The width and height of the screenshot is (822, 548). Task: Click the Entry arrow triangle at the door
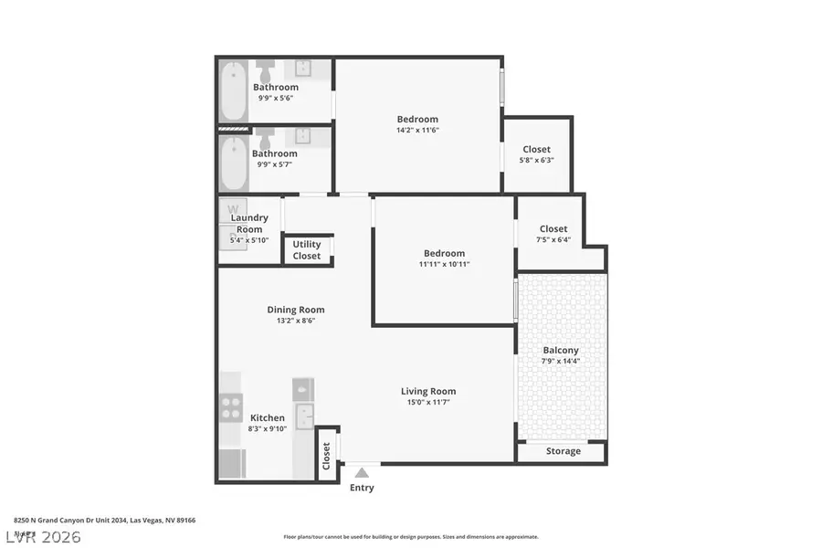pos(362,472)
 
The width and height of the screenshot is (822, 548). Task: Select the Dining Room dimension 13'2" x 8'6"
pos(295,321)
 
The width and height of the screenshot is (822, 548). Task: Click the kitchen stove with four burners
pos(230,406)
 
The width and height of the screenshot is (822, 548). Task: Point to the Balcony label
pos(561,350)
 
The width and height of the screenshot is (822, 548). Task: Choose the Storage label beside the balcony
pos(563,451)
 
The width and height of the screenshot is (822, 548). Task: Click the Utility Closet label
pos(307,250)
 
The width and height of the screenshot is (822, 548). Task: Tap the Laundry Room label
pos(249,223)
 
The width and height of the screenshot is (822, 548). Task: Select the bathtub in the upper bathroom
pos(232,91)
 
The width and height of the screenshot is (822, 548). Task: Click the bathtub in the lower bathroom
pos(232,163)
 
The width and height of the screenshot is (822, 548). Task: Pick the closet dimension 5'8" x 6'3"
pos(536,160)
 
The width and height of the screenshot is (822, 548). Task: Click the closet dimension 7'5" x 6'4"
pos(553,240)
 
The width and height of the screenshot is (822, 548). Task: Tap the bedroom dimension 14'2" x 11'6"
pos(417,131)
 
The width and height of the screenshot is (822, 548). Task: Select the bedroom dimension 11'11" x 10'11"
pos(443,265)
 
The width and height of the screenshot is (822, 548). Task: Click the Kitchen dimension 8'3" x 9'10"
pos(268,428)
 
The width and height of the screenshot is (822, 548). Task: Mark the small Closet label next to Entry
pos(326,456)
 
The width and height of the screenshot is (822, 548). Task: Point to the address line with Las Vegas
pos(104,520)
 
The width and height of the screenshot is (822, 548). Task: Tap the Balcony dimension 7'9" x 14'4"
pos(561,361)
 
